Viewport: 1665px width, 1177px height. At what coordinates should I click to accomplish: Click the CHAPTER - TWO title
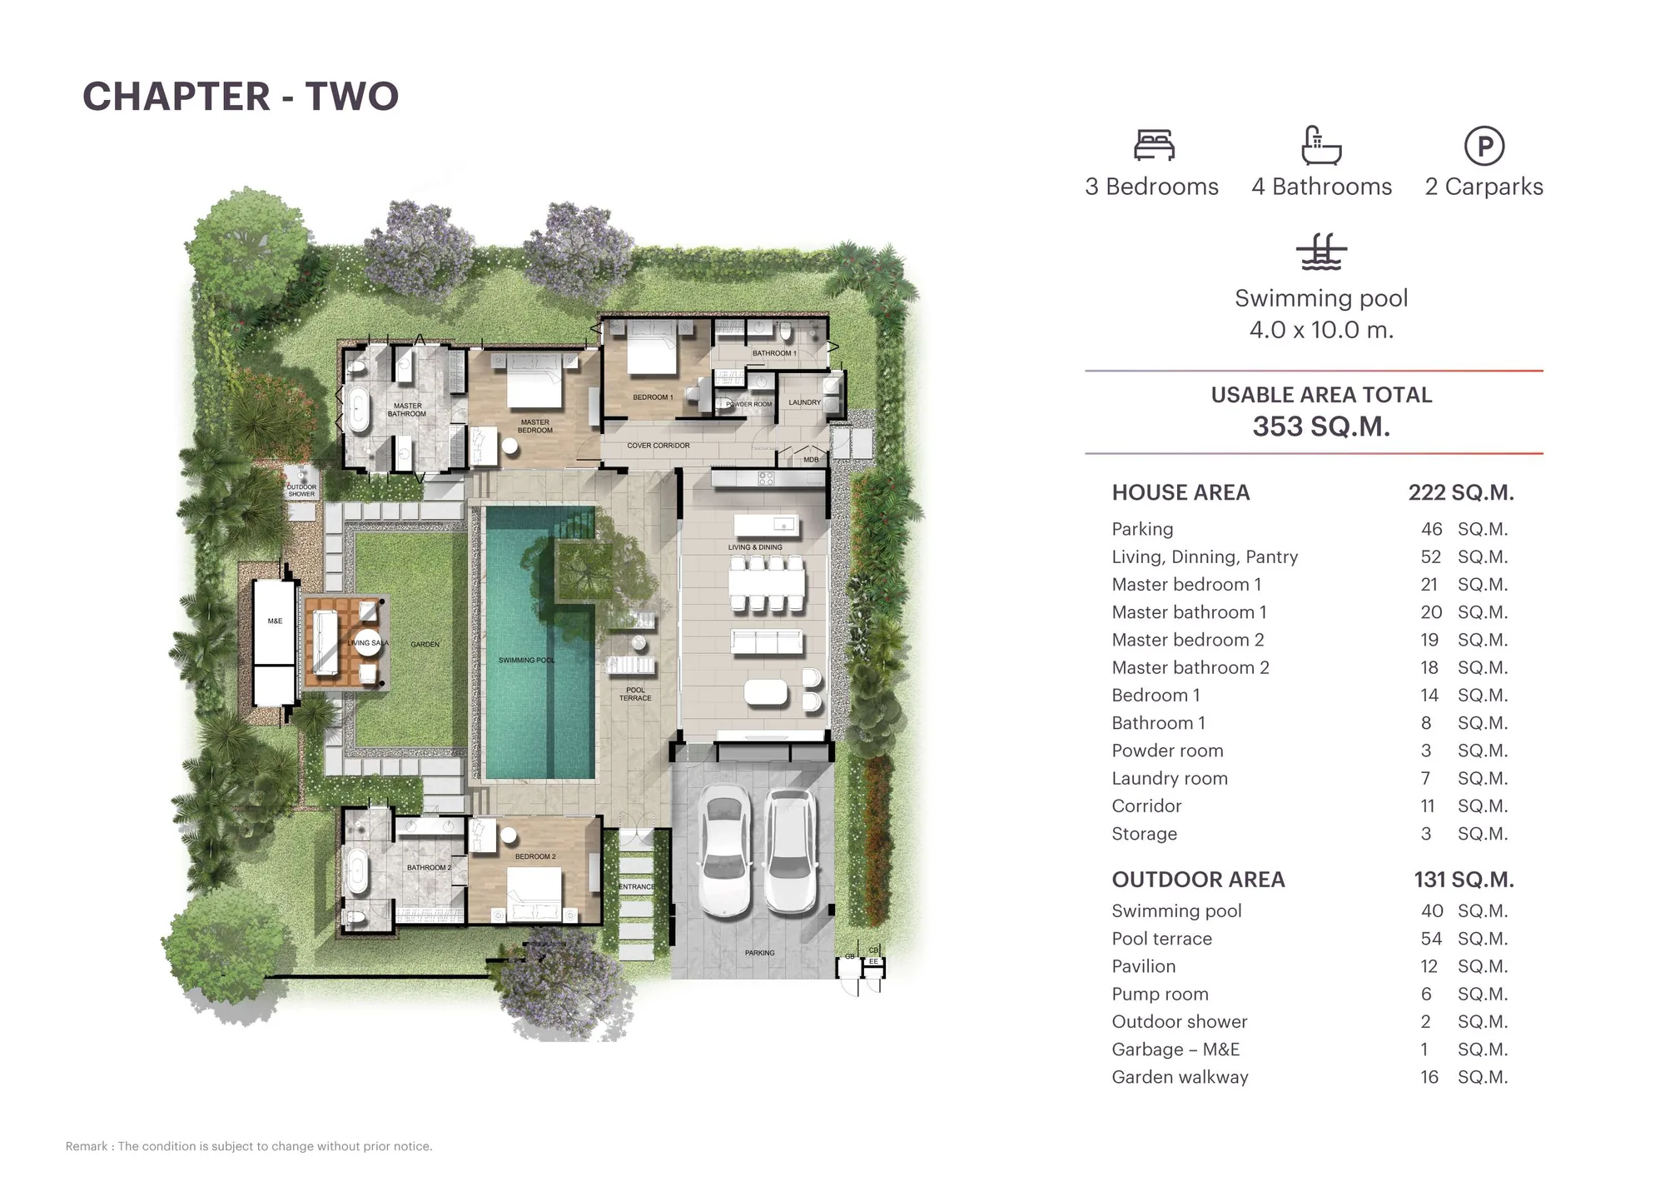[x=241, y=97]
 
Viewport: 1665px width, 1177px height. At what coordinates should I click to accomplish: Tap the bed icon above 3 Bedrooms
[x=1154, y=145]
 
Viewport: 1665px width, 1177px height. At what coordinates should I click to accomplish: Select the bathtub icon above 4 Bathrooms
[x=1321, y=145]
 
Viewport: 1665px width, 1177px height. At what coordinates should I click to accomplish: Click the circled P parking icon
[x=1484, y=146]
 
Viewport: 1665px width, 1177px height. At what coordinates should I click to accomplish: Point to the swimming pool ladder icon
[x=1321, y=252]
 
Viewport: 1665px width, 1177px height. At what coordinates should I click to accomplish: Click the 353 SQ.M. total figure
[x=1321, y=426]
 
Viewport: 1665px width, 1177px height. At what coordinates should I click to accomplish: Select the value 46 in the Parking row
[x=1431, y=529]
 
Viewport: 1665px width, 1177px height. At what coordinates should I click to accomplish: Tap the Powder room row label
[x=1167, y=751]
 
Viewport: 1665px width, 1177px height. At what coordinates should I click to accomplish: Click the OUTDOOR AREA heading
[x=1198, y=880]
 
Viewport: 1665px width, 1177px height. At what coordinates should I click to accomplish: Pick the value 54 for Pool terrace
[x=1431, y=939]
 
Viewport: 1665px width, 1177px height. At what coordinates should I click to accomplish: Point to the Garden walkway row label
[x=1180, y=1077]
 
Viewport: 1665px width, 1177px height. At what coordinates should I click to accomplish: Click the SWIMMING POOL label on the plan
[x=526, y=661]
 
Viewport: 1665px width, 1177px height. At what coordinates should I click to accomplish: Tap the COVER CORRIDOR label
[x=659, y=446]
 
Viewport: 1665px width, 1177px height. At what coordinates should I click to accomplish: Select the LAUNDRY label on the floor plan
[x=805, y=402]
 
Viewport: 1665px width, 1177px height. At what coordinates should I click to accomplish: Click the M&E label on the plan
[x=275, y=621]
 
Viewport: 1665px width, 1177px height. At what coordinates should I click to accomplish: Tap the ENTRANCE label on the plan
[x=637, y=886]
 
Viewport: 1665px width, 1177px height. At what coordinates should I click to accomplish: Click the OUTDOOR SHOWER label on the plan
[x=301, y=491]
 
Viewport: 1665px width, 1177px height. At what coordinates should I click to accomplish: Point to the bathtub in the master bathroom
[x=359, y=408]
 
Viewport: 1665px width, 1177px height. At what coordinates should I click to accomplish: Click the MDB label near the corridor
[x=811, y=460]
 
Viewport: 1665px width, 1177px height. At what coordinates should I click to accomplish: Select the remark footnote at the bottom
[x=249, y=1146]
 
